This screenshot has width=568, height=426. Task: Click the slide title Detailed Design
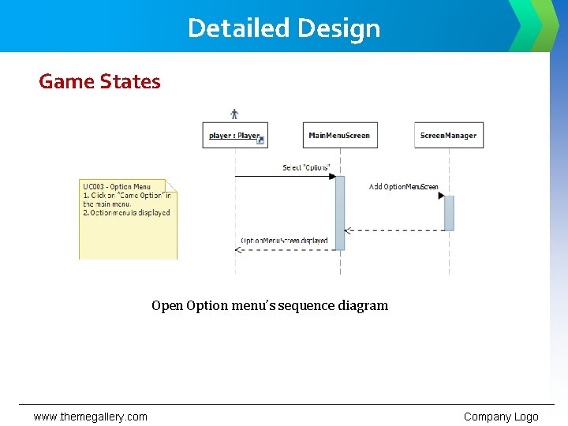click(284, 28)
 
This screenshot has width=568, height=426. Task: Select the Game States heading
click(99, 82)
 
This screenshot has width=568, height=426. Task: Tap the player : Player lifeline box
click(235, 136)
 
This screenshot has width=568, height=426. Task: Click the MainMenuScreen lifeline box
click(339, 136)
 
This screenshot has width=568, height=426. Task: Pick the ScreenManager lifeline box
click(448, 136)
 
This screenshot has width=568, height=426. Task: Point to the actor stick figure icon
click(234, 114)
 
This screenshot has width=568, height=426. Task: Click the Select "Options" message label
click(306, 168)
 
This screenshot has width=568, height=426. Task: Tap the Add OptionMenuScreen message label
click(404, 187)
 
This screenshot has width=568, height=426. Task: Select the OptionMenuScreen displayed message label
click(284, 241)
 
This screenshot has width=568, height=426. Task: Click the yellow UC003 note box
click(128, 219)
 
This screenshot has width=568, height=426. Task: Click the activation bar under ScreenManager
click(449, 213)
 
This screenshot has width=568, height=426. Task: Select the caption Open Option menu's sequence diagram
click(270, 305)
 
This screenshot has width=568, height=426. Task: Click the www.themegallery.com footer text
click(90, 417)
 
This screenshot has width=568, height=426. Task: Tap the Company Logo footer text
click(501, 417)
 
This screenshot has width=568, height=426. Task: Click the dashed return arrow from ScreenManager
click(394, 230)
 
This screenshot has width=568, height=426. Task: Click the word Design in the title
click(339, 28)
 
